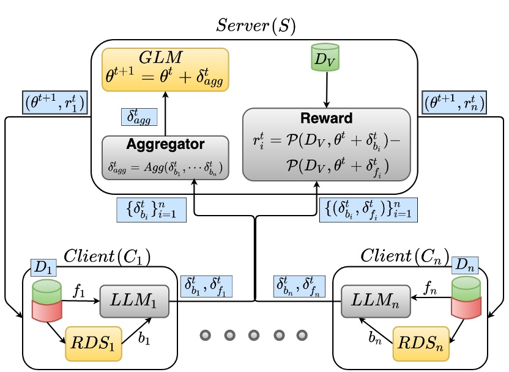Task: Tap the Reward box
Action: [x=325, y=145]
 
